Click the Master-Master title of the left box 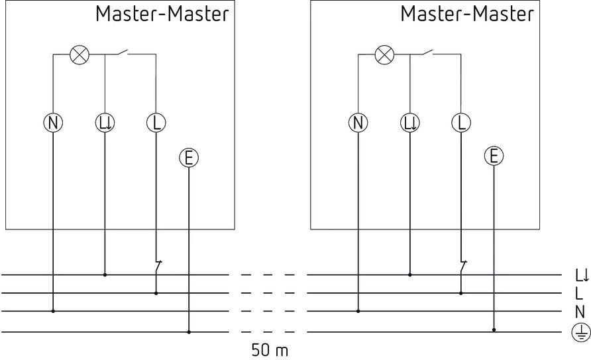(162, 14)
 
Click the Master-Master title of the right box (466, 14)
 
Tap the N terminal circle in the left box (53, 123)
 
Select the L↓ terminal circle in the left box (105, 123)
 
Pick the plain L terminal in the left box (156, 123)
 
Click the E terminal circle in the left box (189, 157)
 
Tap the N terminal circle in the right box (358, 123)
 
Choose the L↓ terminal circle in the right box (410, 123)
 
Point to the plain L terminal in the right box (460, 123)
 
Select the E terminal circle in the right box (494, 156)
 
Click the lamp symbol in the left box (80, 55)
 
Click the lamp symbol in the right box (384, 55)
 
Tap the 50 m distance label (270, 349)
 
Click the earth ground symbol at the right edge (580, 332)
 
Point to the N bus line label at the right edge (580, 311)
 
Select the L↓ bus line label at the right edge (581, 274)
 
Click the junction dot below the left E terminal (189, 331)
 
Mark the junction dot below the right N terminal (358, 310)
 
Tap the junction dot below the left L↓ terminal (105, 274)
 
